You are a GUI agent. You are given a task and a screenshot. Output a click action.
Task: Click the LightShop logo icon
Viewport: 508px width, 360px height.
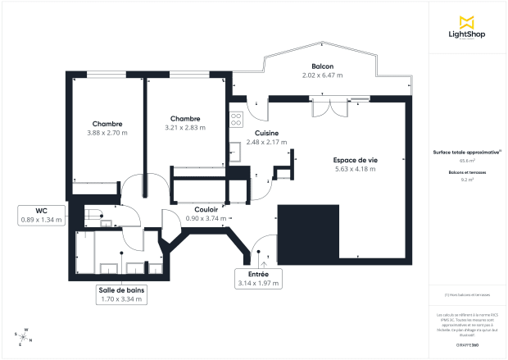point(468,20)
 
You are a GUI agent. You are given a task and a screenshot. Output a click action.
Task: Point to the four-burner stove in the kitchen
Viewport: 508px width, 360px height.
point(236,119)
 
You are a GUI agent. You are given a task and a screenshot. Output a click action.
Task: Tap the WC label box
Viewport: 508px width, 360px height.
point(41,215)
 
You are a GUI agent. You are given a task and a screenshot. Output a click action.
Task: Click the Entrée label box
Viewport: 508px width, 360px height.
point(258,278)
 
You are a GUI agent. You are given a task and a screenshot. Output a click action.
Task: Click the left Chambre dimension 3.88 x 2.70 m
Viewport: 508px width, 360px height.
point(107,131)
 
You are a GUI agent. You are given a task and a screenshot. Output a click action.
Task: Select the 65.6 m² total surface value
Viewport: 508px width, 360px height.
point(467,161)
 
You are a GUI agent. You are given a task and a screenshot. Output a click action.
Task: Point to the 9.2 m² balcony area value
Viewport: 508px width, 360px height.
point(467,178)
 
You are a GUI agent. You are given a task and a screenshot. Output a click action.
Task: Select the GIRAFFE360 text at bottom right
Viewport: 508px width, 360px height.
point(468,345)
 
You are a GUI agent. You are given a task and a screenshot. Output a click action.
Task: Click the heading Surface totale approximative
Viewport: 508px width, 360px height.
point(466,153)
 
